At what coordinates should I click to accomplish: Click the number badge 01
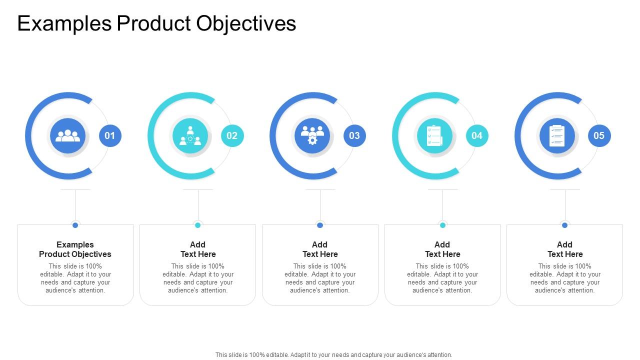(x=110, y=135)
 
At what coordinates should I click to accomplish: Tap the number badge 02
(x=232, y=135)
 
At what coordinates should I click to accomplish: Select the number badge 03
(x=354, y=135)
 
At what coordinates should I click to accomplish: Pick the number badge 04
(x=477, y=135)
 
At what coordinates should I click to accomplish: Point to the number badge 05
(x=599, y=135)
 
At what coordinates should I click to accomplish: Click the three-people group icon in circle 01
(x=67, y=135)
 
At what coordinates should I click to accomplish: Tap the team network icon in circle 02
(x=190, y=135)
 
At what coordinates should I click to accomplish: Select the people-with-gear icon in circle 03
(x=312, y=135)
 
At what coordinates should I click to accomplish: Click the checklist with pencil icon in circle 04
(x=434, y=135)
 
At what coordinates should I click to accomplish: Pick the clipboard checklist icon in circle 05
(x=557, y=135)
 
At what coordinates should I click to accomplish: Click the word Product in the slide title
(x=153, y=23)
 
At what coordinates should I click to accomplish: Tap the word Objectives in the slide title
(x=246, y=23)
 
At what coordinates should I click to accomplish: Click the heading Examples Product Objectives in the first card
(x=75, y=249)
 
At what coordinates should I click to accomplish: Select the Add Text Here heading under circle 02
(x=198, y=249)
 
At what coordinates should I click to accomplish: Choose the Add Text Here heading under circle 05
(x=565, y=249)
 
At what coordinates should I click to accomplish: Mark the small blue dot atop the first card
(x=75, y=225)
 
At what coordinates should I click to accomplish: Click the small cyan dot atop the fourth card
(x=442, y=225)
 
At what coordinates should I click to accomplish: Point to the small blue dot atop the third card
(x=320, y=225)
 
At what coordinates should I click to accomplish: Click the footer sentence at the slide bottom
(x=333, y=354)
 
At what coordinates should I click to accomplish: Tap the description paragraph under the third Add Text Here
(x=320, y=278)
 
